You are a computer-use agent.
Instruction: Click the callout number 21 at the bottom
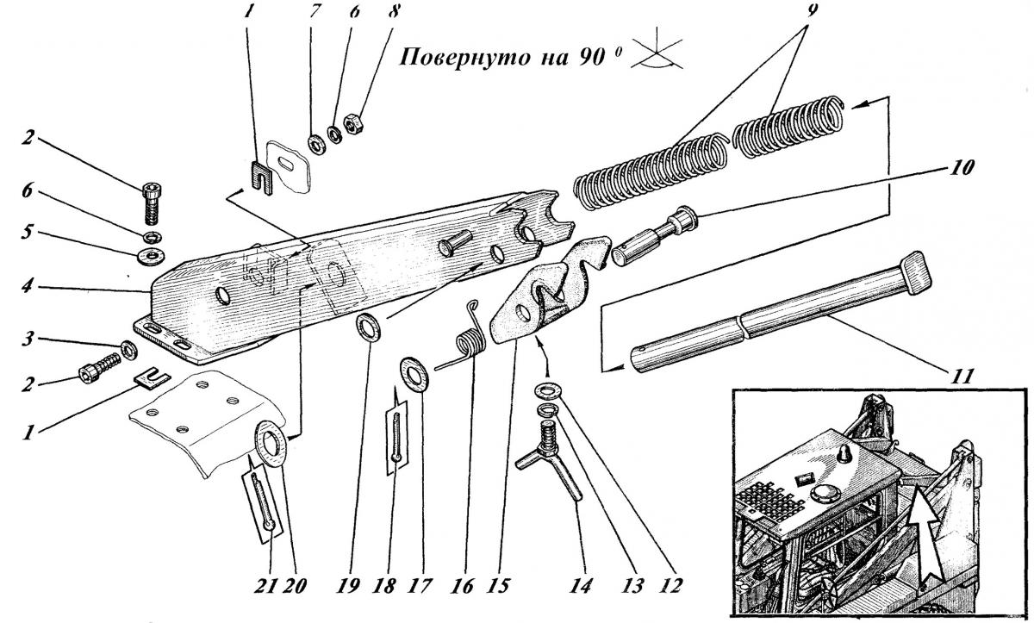click(x=267, y=586)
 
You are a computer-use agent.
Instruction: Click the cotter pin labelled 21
click(x=264, y=504)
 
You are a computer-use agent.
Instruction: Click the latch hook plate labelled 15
click(x=534, y=293)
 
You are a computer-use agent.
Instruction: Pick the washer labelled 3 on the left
click(x=128, y=349)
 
